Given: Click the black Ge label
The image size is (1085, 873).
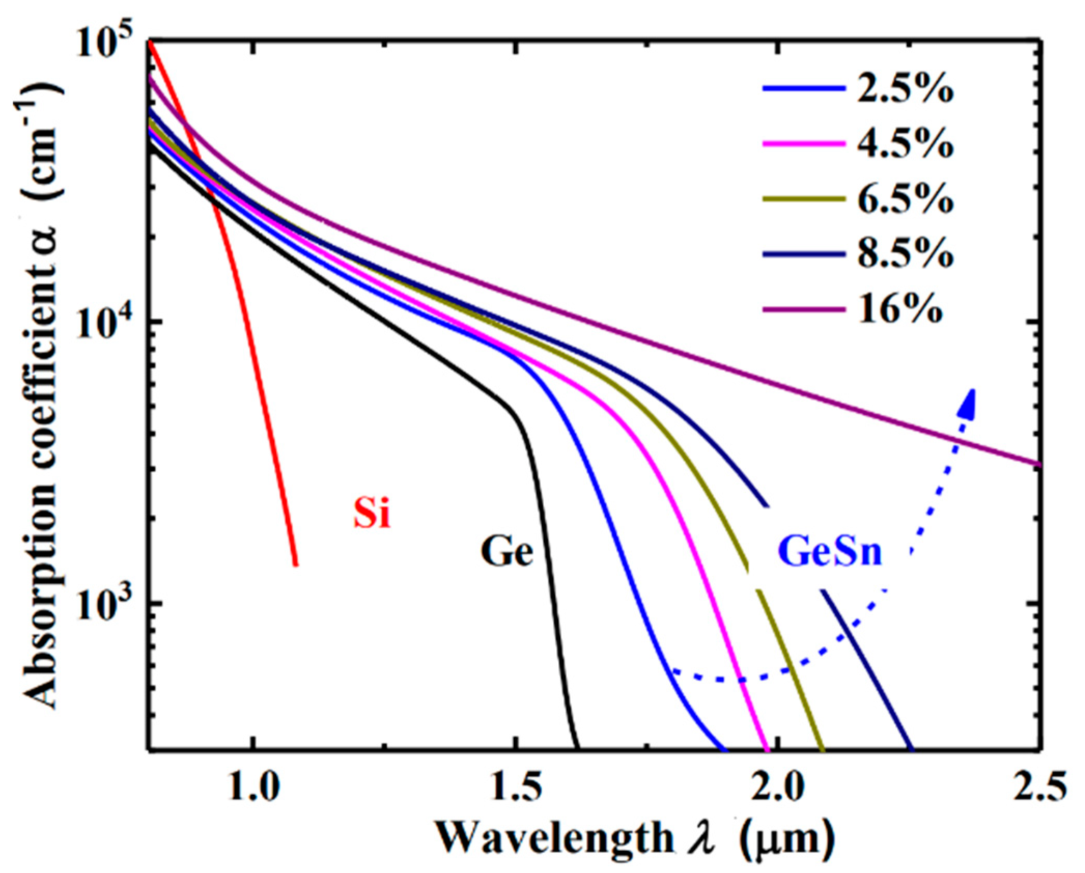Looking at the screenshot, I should (506, 551).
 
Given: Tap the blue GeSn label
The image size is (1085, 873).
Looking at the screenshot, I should (829, 552).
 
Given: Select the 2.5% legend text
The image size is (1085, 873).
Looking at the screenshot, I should (905, 89).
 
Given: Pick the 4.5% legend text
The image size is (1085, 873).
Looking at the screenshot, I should (905, 144).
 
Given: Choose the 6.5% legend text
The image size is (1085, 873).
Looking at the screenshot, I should (905, 199).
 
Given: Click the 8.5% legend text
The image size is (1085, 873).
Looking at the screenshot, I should (905, 254).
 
